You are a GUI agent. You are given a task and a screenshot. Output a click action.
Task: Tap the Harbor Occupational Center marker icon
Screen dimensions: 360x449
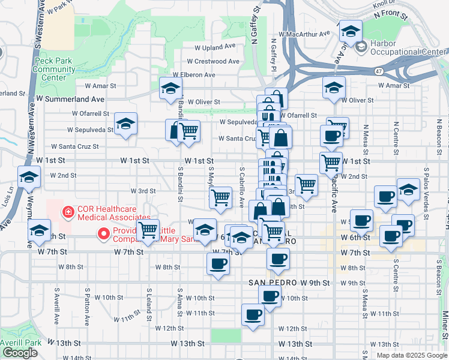coord(361,46)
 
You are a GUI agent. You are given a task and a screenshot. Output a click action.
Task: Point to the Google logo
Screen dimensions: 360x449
coord(20,353)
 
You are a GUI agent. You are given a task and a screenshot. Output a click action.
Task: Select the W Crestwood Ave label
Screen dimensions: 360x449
coord(213,61)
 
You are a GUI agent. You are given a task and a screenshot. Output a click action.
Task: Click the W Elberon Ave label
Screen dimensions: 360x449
coord(192,75)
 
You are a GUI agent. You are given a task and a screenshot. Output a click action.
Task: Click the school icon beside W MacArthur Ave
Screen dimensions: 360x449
coord(350,31)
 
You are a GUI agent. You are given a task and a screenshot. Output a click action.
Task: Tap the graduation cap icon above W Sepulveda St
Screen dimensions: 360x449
coord(125,124)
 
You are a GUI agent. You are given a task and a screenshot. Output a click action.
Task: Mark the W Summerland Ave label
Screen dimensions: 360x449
coord(70,98)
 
